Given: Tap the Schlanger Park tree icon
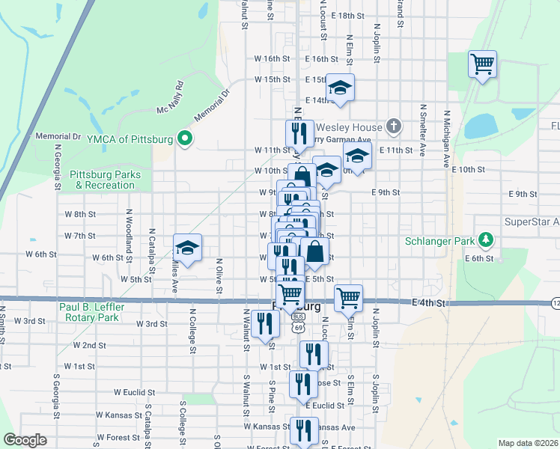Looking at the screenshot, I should (487, 241).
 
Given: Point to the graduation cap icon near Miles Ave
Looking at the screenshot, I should (188, 247).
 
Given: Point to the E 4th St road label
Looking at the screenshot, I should (429, 303).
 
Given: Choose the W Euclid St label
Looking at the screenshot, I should (140, 391).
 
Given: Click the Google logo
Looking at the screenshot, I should (25, 440).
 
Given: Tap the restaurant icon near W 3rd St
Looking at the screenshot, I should (265, 323).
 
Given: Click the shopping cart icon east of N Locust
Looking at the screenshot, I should (348, 297).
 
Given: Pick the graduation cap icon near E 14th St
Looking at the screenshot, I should (340, 88).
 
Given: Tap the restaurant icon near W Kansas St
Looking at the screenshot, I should (304, 430).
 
